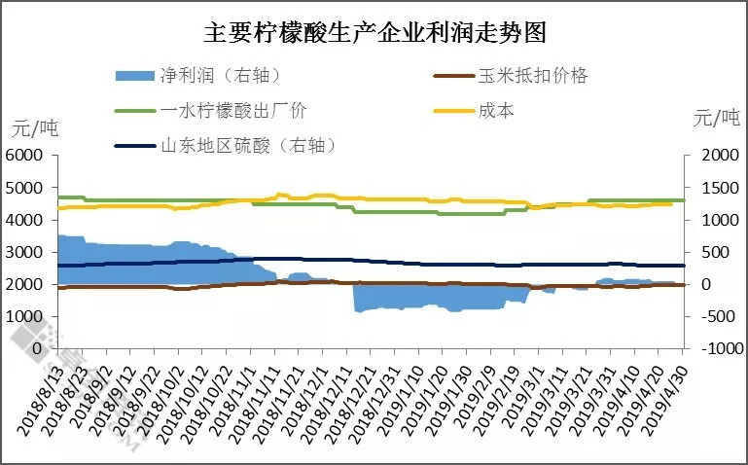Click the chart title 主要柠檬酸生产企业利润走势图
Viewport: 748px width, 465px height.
pyautogui.click(x=374, y=33)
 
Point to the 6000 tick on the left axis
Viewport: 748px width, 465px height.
pyautogui.click(x=25, y=155)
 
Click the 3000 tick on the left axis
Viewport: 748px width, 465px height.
pyautogui.click(x=25, y=252)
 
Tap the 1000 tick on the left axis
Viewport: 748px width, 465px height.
pyautogui.click(x=25, y=316)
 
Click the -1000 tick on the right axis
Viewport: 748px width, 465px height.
pyautogui.click(x=714, y=348)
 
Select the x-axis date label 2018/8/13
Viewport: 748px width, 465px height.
pyautogui.click(x=39, y=393)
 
